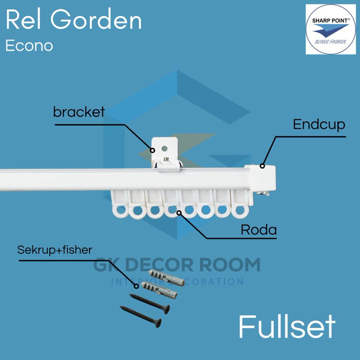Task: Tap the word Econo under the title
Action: point(29,45)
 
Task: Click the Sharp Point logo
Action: point(330,29)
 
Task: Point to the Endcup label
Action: point(319,124)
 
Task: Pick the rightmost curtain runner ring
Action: point(239,210)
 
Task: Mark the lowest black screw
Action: point(140,315)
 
